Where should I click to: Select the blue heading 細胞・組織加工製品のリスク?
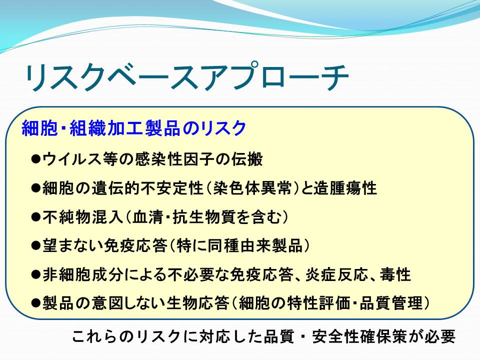134,128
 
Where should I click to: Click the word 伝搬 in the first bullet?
247,159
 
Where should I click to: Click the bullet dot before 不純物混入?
36,217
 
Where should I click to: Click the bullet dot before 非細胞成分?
36,274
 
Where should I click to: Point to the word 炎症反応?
336,274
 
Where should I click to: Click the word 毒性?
395,274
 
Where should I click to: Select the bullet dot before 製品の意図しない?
36,303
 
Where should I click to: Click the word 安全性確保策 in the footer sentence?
360,336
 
